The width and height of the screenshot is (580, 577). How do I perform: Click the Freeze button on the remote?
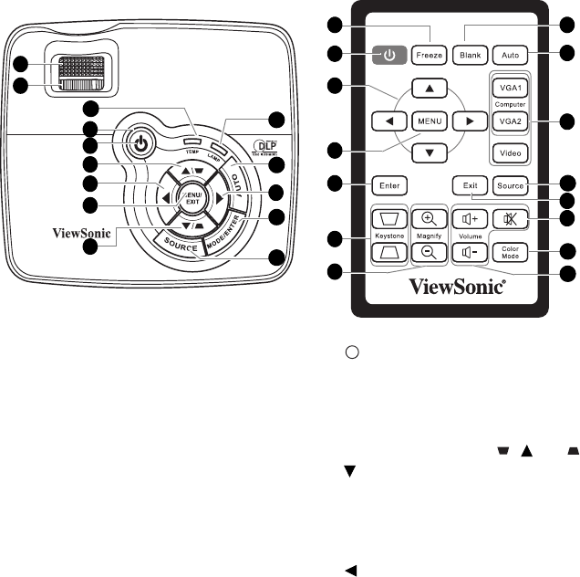click(x=430, y=55)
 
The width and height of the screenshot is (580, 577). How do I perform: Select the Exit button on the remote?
click(x=470, y=186)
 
